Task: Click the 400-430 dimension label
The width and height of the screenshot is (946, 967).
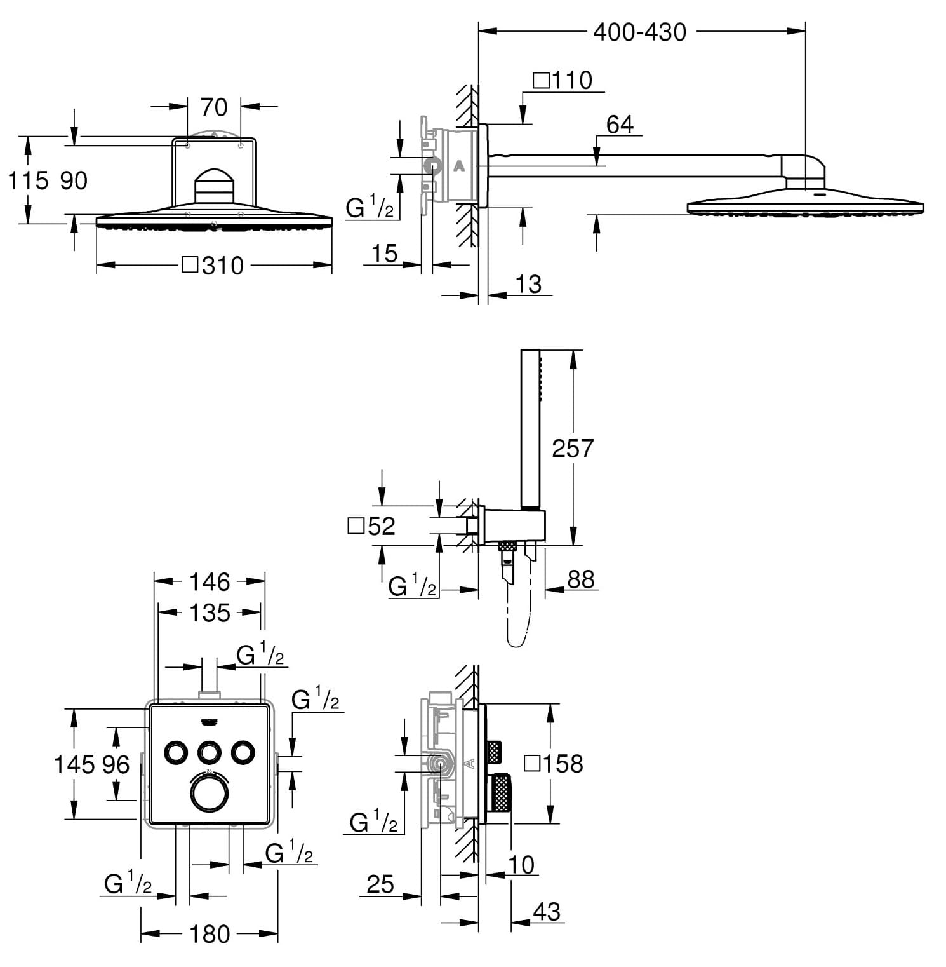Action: (639, 32)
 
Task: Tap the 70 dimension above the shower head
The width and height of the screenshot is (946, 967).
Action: (214, 107)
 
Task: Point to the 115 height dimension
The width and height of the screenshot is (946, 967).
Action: (29, 180)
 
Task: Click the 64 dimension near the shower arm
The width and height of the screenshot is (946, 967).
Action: (620, 125)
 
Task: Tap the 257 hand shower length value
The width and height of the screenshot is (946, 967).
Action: (572, 449)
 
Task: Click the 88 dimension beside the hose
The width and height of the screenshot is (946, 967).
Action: (580, 579)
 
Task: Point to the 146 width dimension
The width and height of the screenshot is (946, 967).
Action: (210, 581)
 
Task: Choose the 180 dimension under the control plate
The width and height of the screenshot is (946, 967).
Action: (210, 934)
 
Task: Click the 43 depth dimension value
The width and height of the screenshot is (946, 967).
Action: (547, 912)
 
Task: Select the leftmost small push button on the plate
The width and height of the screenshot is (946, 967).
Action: (176, 752)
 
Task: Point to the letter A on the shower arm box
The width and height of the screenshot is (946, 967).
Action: (460, 166)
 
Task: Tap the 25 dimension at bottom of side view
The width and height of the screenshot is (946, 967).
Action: (380, 884)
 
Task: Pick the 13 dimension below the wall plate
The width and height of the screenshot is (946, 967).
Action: (528, 284)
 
